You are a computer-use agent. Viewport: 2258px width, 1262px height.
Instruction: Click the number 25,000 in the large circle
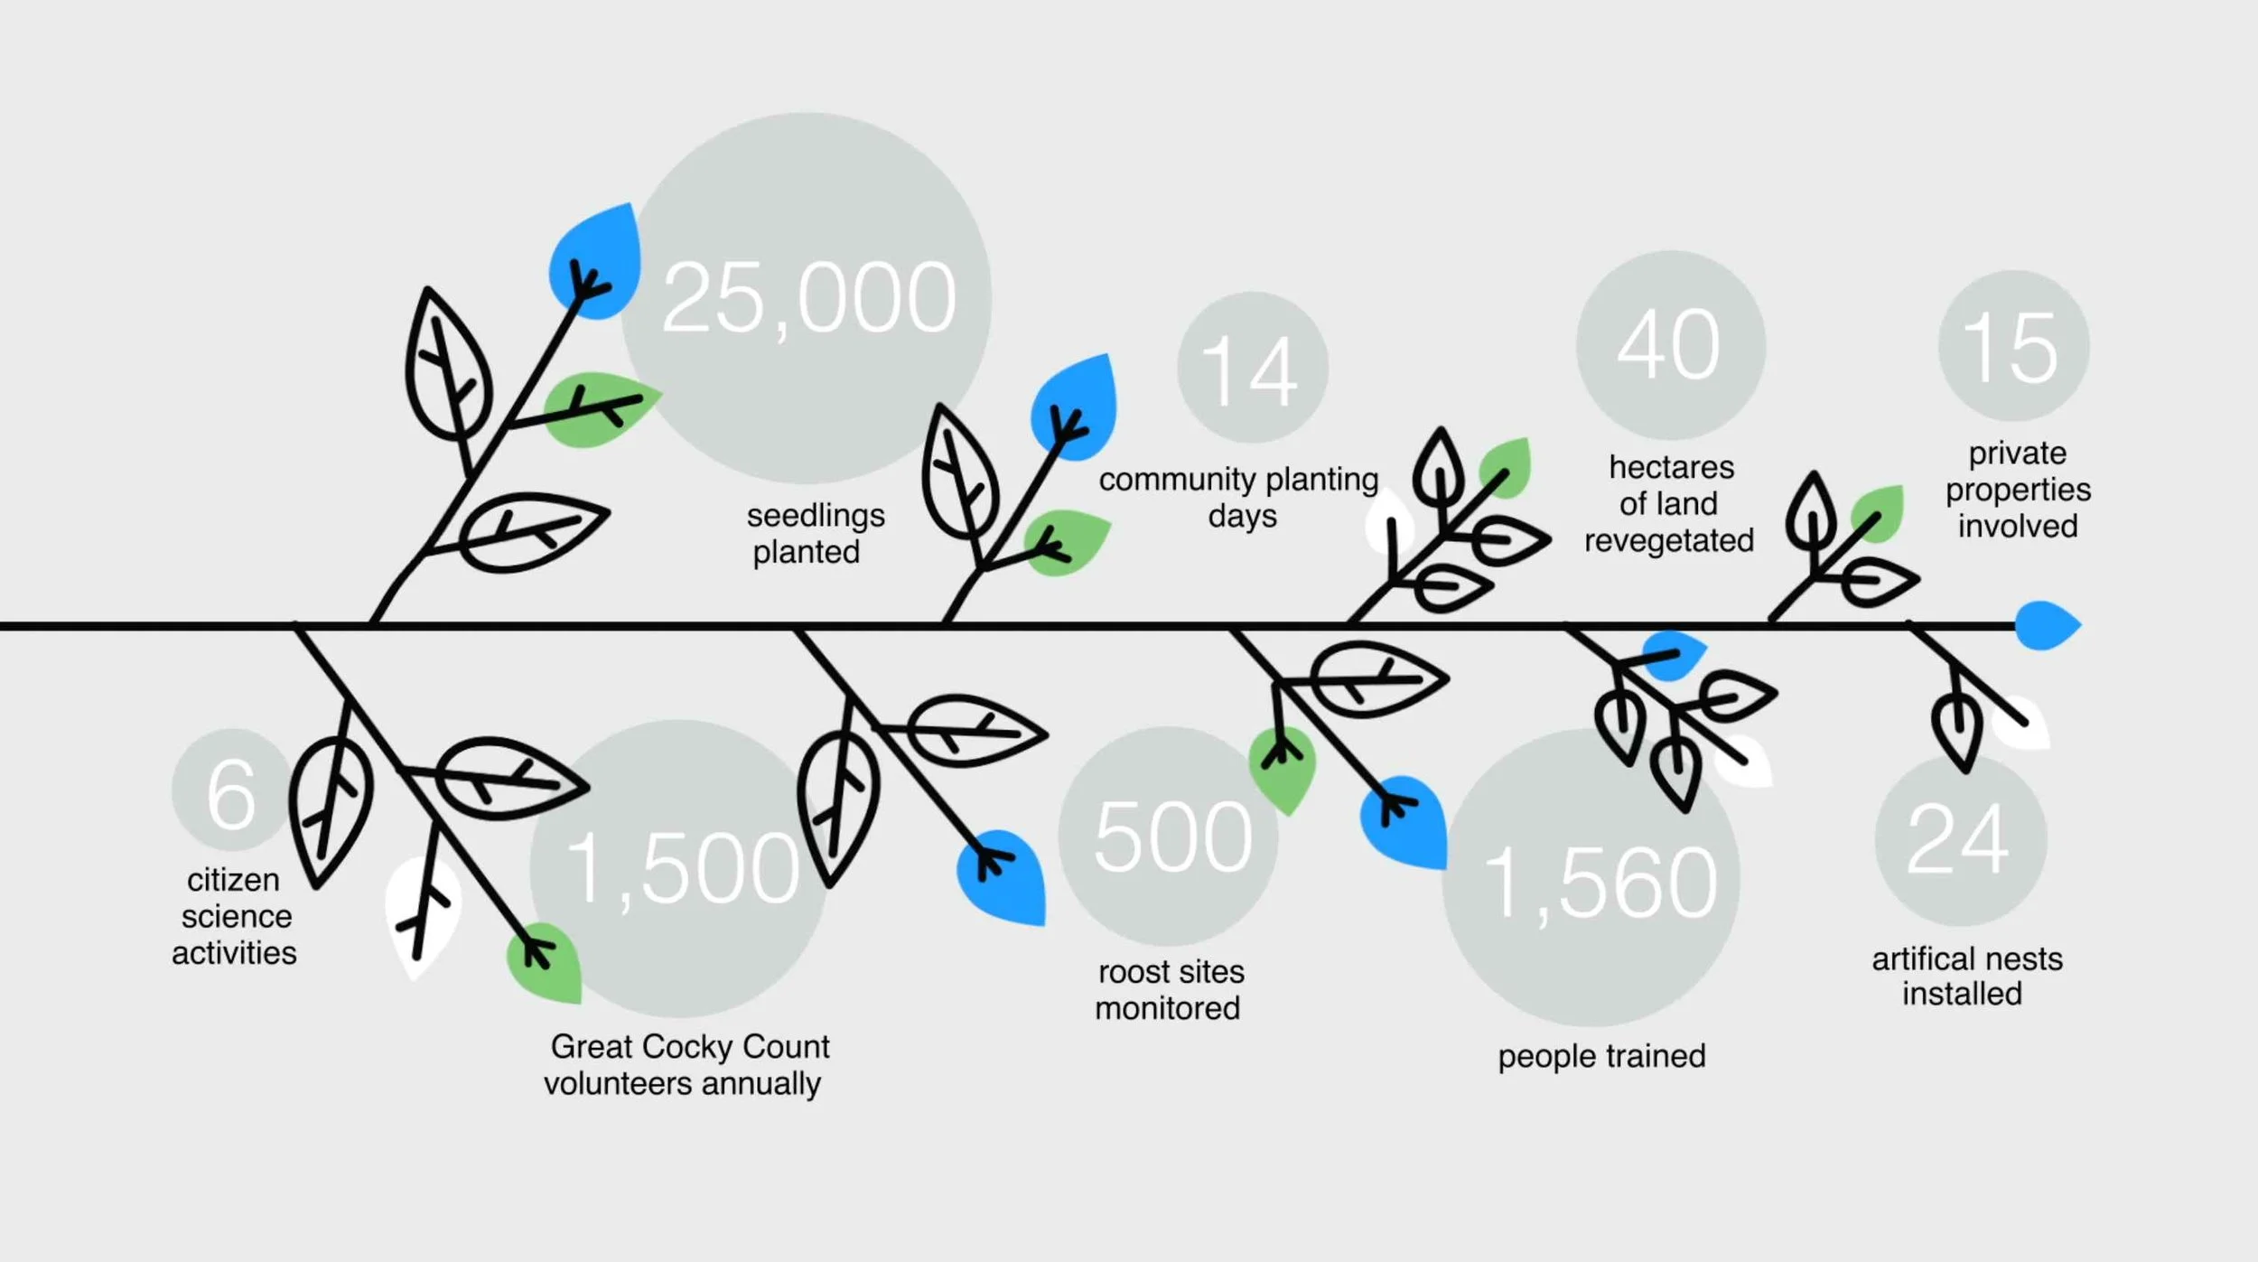point(808,298)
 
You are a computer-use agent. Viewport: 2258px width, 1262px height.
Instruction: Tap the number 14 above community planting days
point(1250,370)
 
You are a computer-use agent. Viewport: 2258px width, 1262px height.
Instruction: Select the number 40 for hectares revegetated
point(1669,345)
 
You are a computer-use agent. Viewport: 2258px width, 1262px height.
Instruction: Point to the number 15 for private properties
point(2011,348)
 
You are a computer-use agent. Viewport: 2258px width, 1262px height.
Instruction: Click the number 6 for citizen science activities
point(231,795)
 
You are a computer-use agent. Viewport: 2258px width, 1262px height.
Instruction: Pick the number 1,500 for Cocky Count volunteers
point(683,869)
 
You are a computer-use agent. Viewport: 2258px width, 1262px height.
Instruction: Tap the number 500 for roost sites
point(1172,838)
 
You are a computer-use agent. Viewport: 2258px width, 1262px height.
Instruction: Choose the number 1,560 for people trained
point(1600,883)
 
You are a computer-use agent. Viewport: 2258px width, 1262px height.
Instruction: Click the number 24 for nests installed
point(1958,840)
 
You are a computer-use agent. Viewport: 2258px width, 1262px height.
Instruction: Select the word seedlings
point(816,516)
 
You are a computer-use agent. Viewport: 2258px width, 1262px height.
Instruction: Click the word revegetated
point(1669,540)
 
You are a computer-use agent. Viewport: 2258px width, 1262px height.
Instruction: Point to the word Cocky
point(696,1046)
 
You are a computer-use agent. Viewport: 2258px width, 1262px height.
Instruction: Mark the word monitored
point(1167,1008)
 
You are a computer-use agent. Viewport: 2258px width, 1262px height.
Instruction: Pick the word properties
point(2018,490)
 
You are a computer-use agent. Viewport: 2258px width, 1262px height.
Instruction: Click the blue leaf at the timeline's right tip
point(2046,625)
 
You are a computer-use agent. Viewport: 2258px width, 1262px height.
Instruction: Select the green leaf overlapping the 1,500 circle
point(546,963)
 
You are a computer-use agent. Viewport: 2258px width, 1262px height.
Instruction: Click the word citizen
point(233,880)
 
